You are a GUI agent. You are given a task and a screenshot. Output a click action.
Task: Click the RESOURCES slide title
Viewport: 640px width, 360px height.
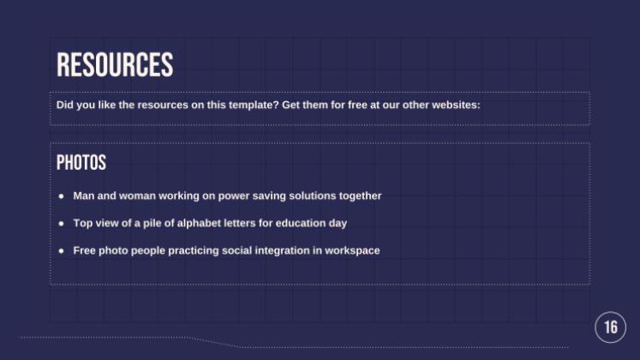point(115,65)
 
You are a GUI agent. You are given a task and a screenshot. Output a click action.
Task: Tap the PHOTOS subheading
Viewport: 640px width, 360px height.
point(81,163)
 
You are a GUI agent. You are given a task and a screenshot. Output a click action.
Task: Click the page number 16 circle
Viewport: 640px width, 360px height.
point(610,327)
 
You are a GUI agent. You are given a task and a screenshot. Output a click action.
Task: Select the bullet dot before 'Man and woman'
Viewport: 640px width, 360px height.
point(62,196)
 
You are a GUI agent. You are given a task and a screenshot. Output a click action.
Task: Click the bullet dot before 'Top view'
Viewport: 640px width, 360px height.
point(62,224)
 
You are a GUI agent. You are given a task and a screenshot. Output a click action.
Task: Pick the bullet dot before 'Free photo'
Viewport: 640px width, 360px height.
point(62,251)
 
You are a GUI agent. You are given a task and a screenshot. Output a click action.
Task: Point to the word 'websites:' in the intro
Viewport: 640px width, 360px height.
point(457,105)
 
